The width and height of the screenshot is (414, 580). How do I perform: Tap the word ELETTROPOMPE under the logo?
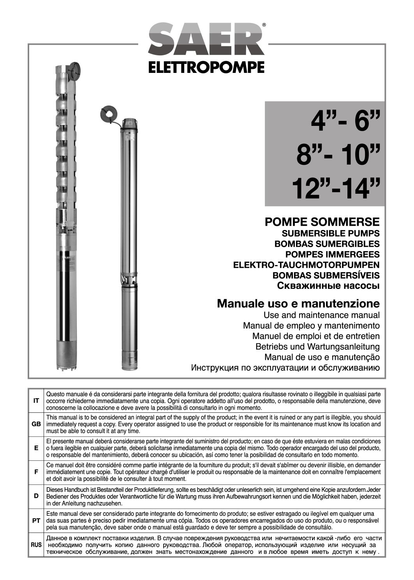click(x=206, y=67)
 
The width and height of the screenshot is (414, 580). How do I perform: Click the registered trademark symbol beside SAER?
click(x=264, y=25)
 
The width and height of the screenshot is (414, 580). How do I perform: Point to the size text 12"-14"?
click(x=336, y=190)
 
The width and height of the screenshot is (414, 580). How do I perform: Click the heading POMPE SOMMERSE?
click(x=322, y=222)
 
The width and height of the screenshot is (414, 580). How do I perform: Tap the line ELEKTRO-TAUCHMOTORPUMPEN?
click(x=306, y=265)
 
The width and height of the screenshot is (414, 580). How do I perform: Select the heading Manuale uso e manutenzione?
click(x=298, y=303)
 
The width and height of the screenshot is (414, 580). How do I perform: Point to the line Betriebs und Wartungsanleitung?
click(x=317, y=346)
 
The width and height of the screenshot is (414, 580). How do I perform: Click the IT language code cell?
click(x=36, y=401)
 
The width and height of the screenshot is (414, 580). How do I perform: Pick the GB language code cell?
click(x=36, y=424)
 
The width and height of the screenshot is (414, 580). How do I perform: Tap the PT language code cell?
click(x=36, y=520)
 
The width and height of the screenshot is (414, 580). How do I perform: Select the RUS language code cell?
click(x=36, y=544)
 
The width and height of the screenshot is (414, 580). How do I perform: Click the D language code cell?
click(x=36, y=496)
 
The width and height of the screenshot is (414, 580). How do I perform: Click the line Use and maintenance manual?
click(x=321, y=315)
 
